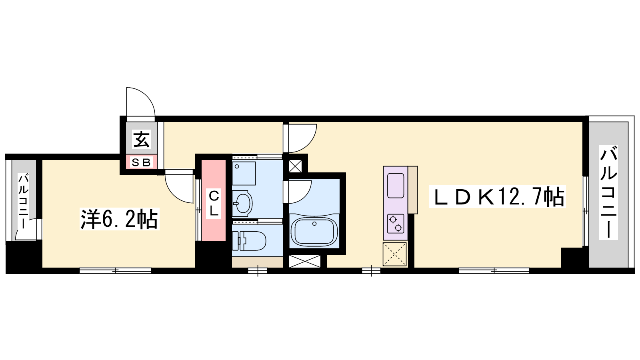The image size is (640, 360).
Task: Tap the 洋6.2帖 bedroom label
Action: [119, 219]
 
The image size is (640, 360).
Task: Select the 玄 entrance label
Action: [142, 139]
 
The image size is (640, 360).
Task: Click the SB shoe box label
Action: [142, 162]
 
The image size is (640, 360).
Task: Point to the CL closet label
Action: [214, 204]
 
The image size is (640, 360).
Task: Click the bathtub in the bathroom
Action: [314, 232]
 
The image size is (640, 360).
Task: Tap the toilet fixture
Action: [249, 241]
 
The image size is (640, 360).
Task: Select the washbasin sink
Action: [242, 204]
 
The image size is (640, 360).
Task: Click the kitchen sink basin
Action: [396, 186]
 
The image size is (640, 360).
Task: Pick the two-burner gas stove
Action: [396, 224]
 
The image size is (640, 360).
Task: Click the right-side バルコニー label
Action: [608, 192]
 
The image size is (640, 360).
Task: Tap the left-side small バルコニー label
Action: [24, 200]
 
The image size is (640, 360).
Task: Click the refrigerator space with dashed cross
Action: [394, 254]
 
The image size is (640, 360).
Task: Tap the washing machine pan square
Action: [244, 174]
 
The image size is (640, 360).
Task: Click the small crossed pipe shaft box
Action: [295, 166]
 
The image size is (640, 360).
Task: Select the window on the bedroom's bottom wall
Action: [115, 270]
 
